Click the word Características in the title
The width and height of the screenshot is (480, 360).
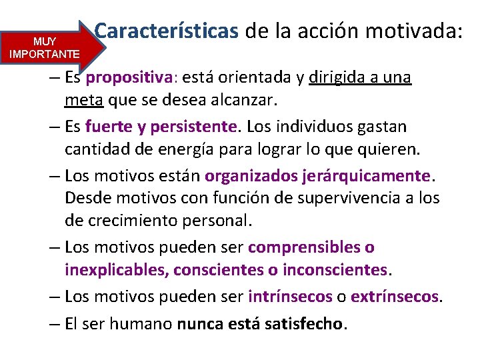click(167, 31)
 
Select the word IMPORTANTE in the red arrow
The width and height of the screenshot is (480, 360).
click(45, 53)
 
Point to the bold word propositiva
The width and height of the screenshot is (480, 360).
click(129, 78)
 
